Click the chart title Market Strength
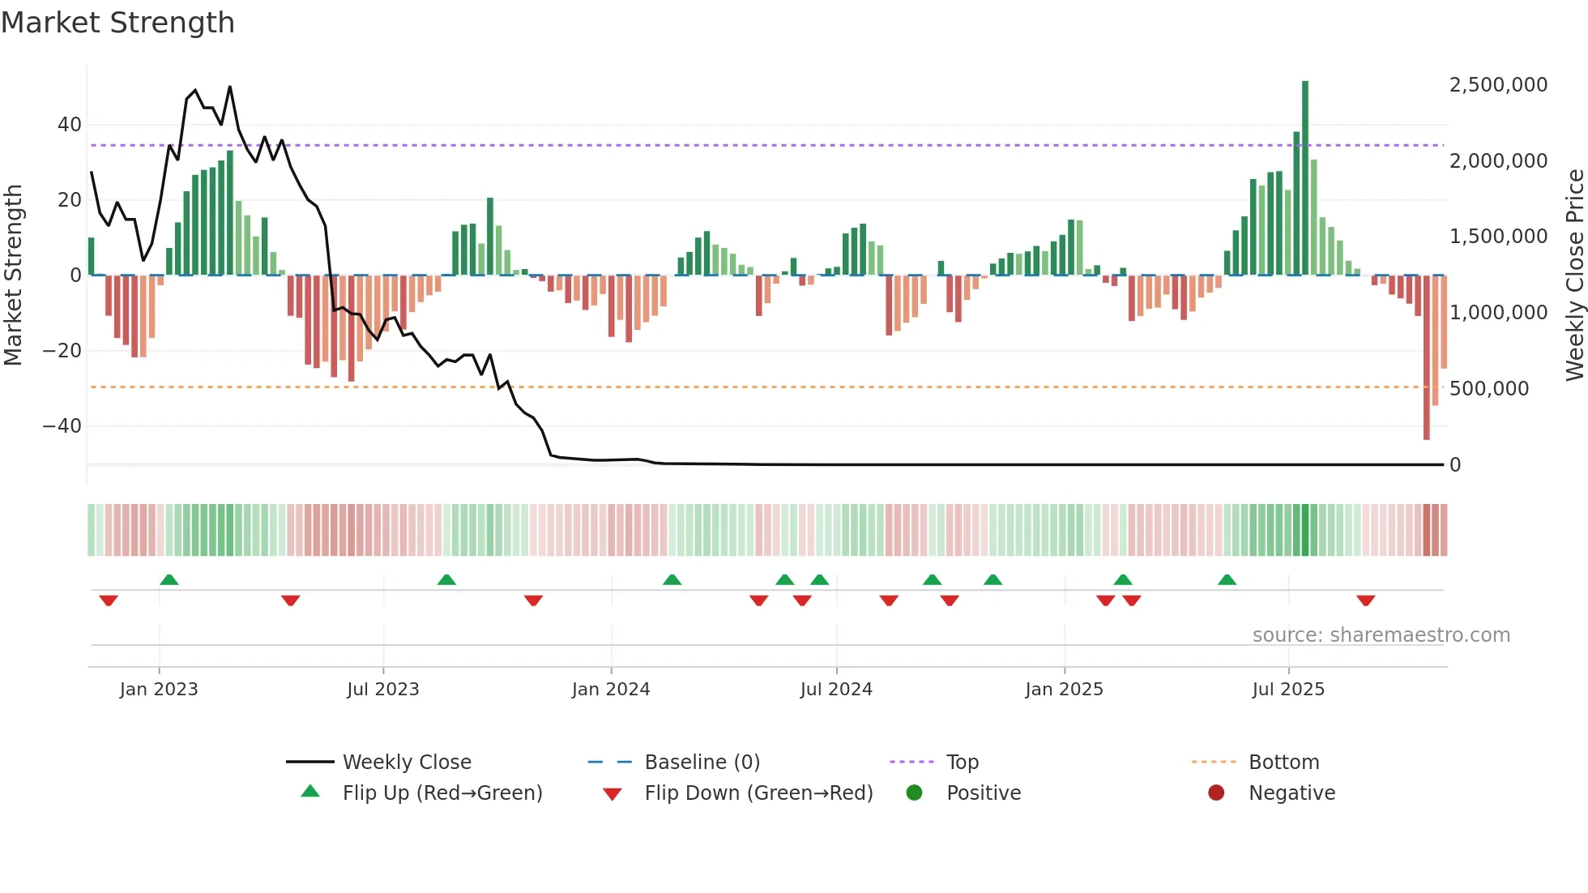tap(117, 23)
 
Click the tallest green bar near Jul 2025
tap(1304, 178)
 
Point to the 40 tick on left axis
tap(69, 125)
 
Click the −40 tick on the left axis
tap(62, 426)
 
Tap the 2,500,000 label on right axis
tap(1498, 85)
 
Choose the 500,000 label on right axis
tap(1488, 389)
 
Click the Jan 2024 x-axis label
tap(610, 690)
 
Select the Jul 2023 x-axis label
tap(382, 690)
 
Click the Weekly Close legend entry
tap(406, 763)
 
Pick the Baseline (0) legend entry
tap(702, 763)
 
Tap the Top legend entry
tap(962, 763)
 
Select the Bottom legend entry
tap(1283, 763)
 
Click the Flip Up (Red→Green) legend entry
tap(442, 793)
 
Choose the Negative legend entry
tap(1291, 793)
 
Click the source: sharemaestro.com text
tap(1381, 635)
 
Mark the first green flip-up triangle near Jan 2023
tap(169, 579)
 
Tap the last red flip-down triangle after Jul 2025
tap(1365, 600)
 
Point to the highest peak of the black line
tap(230, 87)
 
